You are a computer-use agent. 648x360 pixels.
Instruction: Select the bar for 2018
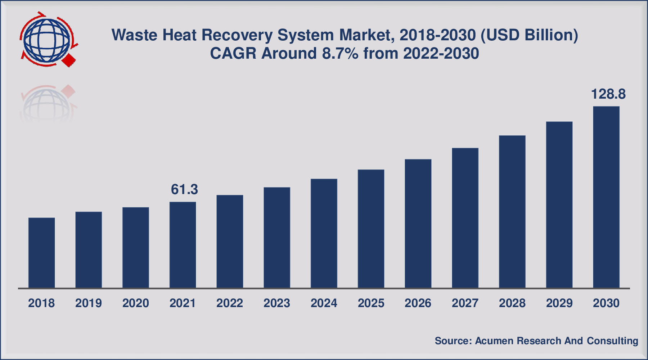[41, 253]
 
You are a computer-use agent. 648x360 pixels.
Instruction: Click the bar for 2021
[183, 245]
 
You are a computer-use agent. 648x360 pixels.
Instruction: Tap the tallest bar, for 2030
[606, 197]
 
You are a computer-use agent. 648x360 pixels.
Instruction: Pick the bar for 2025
[371, 229]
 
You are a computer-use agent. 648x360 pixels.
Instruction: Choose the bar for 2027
[465, 218]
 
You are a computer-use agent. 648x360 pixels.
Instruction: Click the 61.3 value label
[184, 189]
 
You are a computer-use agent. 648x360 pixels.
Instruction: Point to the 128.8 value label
[608, 94]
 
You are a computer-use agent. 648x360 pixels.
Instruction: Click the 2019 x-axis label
[89, 303]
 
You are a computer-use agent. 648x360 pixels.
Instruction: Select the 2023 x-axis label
[276, 303]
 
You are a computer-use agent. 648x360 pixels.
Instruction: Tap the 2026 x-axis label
[418, 303]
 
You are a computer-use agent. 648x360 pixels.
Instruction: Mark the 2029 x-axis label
[559, 303]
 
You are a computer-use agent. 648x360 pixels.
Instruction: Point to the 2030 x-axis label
[606, 303]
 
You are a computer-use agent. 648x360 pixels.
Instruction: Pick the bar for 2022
[230, 241]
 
